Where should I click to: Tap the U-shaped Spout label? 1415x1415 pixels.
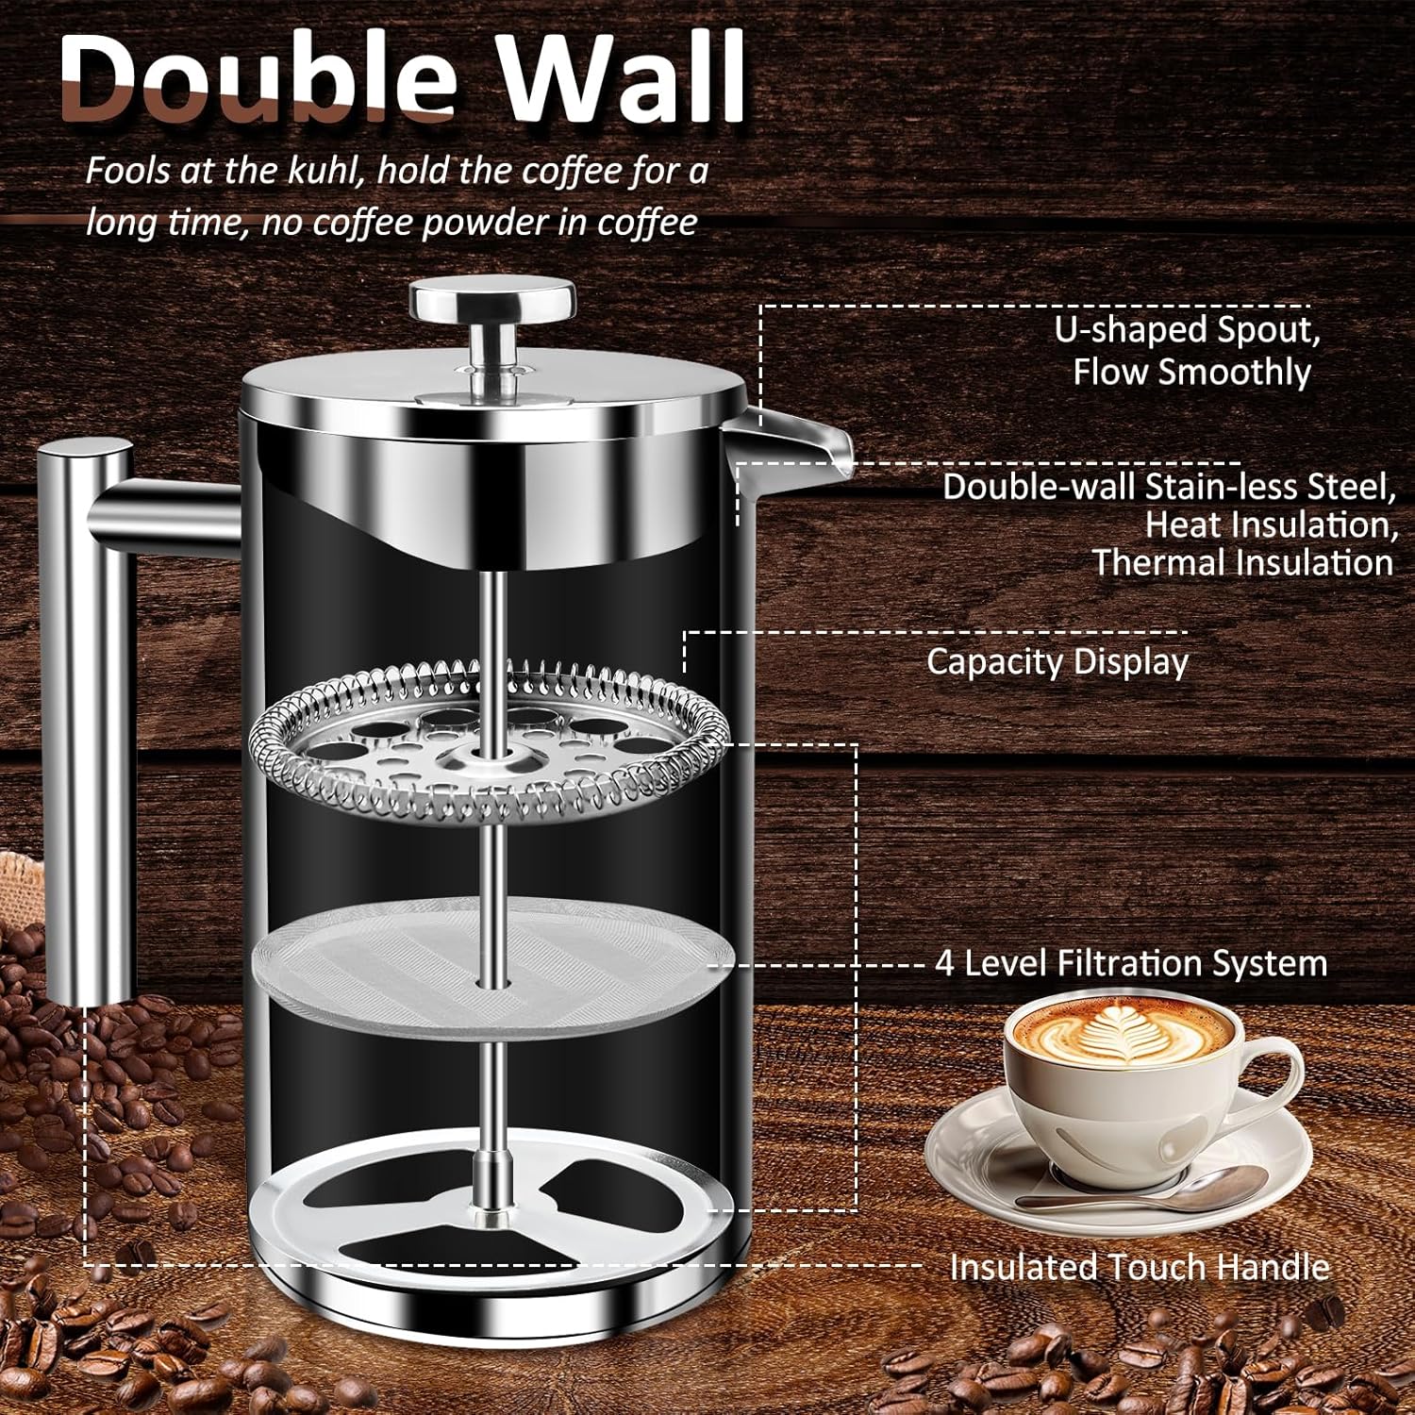1189,350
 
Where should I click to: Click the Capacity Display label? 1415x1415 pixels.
1057,661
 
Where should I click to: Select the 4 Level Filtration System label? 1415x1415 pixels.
1131,963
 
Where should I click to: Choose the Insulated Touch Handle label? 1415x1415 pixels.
1140,1267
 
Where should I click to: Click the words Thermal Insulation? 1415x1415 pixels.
1243,563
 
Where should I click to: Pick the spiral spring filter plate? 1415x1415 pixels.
490,741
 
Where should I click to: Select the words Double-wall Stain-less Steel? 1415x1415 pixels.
1170,487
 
